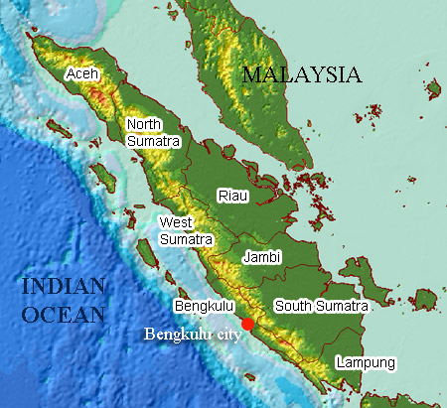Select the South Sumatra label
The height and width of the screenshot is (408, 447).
click(321, 306)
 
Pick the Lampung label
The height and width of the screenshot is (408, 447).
click(365, 362)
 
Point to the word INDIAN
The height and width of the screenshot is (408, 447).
click(63, 288)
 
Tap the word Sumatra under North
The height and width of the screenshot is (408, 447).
click(155, 141)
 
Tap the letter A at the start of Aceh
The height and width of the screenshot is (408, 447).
click(70, 74)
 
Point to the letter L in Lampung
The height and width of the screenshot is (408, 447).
click(339, 362)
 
